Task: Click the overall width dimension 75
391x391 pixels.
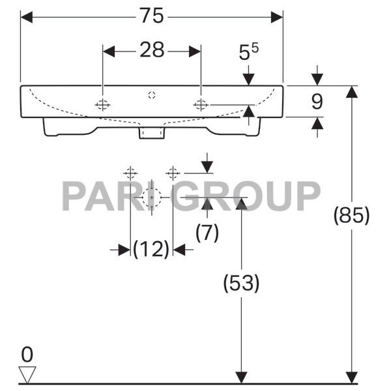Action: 152,16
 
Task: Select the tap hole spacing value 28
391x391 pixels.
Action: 152,50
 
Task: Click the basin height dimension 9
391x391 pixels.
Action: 317,101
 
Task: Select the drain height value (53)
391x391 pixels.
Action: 241,283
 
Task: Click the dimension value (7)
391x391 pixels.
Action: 207,233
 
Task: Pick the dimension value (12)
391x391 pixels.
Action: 151,249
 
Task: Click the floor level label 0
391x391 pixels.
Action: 27,355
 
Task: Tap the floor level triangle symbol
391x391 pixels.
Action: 27,373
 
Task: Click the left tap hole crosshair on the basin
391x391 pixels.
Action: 103,104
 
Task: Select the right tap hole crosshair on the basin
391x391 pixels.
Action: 201,104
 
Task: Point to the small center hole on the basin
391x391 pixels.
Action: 152,95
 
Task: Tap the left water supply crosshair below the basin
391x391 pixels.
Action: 130,173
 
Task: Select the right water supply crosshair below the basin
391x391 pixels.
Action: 173,173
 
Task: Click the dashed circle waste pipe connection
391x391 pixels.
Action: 152,196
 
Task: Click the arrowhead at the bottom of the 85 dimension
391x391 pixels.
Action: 352,377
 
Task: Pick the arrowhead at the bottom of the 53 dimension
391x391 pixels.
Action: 241,377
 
